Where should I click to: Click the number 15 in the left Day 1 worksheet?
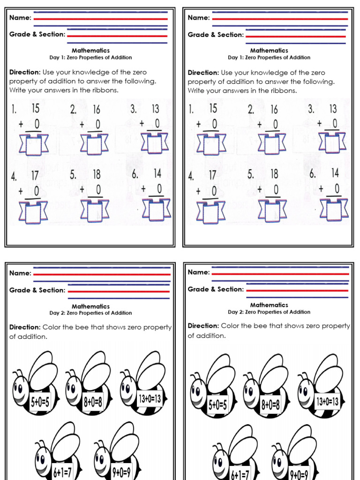coord(35,108)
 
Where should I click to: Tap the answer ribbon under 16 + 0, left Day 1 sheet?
coord(94,144)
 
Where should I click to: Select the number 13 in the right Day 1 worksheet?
coord(332,109)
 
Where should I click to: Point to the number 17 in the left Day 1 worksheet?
coord(35,175)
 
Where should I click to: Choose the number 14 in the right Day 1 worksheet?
coord(335,173)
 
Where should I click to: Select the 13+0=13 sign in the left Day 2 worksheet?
coord(150,399)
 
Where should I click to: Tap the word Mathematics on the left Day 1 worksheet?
coord(90,50)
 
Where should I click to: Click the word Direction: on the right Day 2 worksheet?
coord(203,326)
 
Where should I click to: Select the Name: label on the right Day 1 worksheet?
coord(199,17)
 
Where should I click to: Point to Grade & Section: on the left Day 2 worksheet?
coord(37,290)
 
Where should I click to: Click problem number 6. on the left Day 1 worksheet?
coord(135,174)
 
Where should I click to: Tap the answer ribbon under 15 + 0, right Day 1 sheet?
coord(212,144)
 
